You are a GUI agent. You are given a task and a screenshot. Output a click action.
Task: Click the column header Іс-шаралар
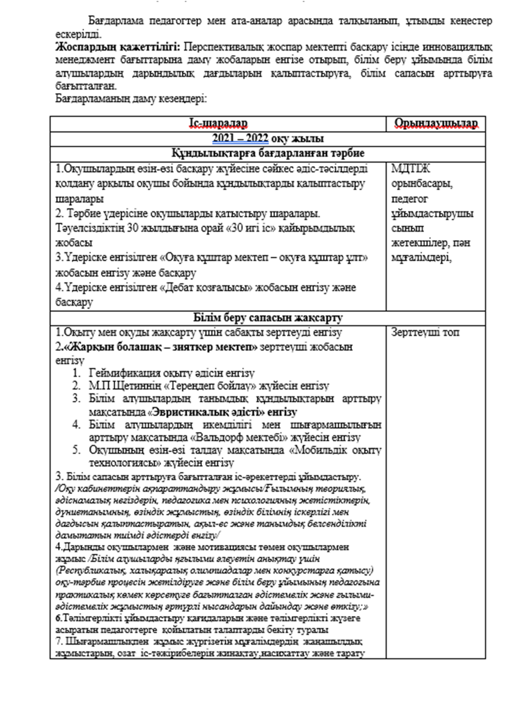pos(218,123)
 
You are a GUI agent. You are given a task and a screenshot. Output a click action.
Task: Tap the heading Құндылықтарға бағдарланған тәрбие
pos(268,153)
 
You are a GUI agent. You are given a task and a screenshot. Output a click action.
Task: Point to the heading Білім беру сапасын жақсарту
pos(268,318)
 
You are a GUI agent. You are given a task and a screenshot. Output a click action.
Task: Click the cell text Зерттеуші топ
pos(425,332)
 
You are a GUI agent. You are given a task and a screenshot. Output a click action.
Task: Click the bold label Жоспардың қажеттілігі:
pos(119,47)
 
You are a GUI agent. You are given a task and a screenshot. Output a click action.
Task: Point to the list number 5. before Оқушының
pos(76,450)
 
